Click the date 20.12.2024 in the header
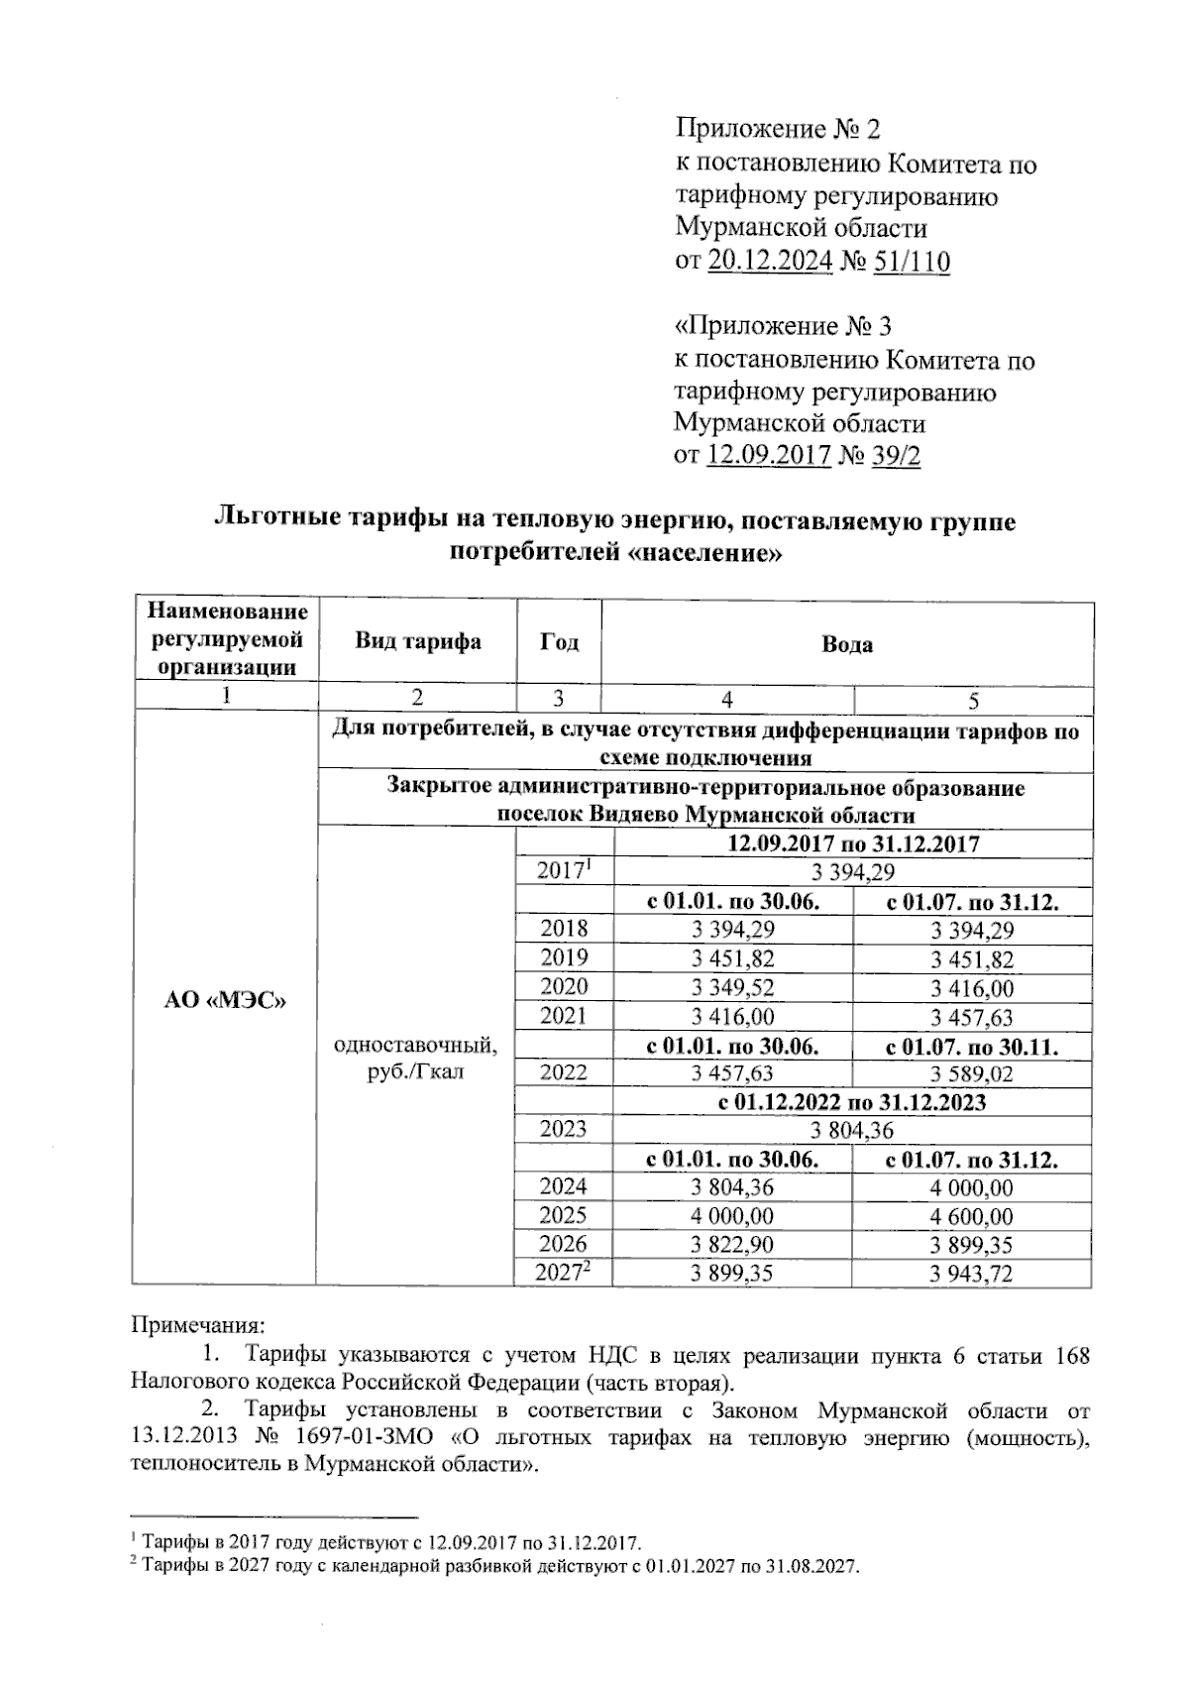click(770, 262)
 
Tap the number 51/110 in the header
click(913, 262)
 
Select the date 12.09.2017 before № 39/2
click(769, 456)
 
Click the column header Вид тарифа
click(418, 641)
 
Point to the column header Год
click(559, 642)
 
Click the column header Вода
click(847, 644)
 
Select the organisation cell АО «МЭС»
click(225, 1000)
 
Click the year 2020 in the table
click(563, 987)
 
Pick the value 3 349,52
click(733, 987)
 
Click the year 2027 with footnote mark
click(561, 1274)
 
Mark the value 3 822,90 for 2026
click(733, 1245)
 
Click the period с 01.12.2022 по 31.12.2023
click(852, 1102)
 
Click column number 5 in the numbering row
click(973, 700)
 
